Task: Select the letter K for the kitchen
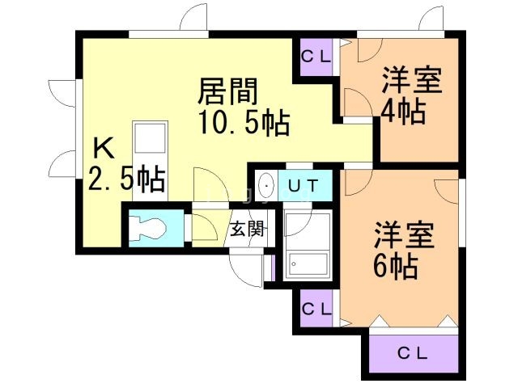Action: pyautogui.click(x=103, y=148)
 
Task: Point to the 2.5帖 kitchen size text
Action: pyautogui.click(x=127, y=178)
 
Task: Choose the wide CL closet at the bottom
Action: pyautogui.click(x=414, y=352)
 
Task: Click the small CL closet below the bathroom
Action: pyautogui.click(x=316, y=308)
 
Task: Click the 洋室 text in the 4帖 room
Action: pyautogui.click(x=411, y=82)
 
